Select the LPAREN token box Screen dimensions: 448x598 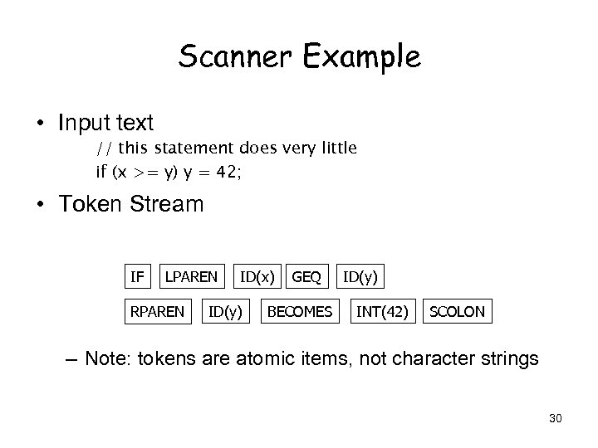coord(191,275)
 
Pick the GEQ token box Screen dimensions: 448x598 coord(307,275)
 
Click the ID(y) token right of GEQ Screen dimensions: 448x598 coord(363,275)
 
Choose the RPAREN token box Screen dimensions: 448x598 coord(156,312)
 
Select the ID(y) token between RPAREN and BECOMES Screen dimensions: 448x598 coord(226,312)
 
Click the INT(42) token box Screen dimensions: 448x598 coord(382,312)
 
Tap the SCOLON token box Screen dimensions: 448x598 coord(456,312)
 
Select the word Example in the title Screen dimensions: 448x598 coord(363,57)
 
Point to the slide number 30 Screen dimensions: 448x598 coord(555,418)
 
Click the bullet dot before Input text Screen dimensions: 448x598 coord(39,124)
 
